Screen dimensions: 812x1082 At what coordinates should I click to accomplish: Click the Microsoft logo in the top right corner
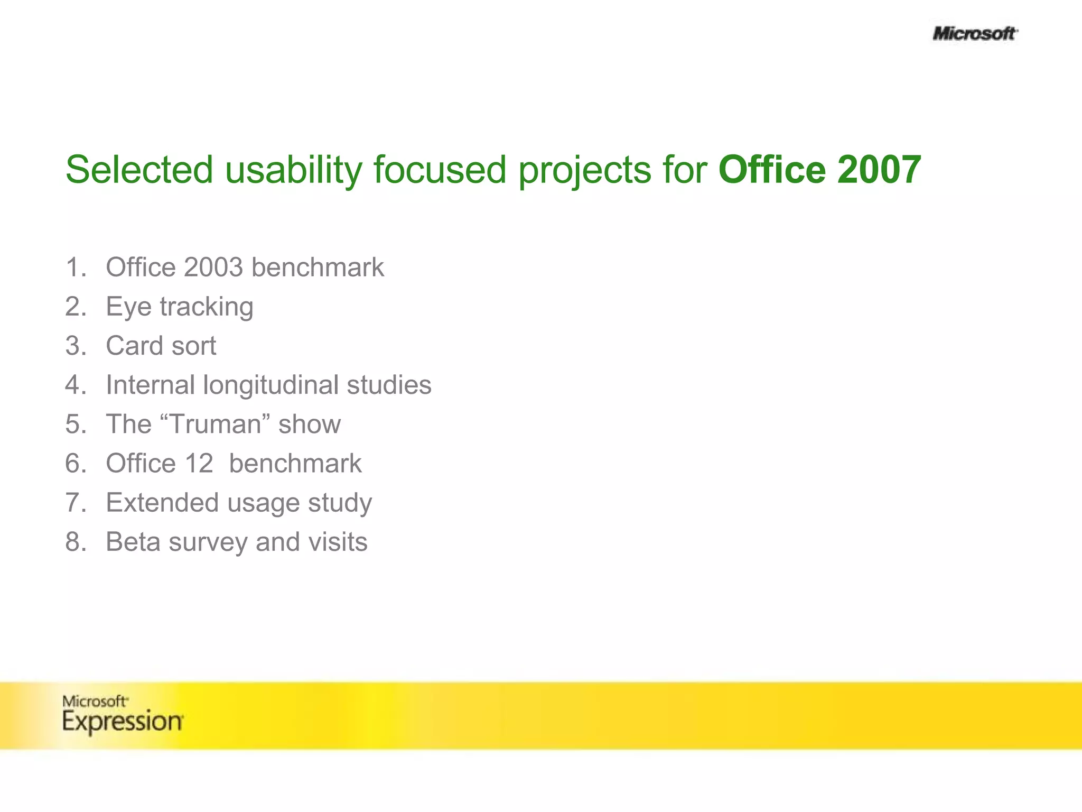[974, 34]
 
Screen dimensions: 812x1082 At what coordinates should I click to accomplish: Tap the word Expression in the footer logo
[123, 722]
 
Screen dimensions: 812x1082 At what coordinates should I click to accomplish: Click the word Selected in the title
[139, 170]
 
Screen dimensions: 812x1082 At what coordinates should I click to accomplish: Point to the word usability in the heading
[294, 170]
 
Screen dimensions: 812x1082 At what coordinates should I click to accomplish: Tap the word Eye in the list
[128, 307]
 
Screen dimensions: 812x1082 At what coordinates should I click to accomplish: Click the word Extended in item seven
[162, 503]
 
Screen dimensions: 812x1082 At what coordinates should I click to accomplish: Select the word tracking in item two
[207, 307]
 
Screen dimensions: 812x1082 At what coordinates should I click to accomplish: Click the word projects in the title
[584, 170]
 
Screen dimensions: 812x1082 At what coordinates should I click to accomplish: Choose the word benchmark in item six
[295, 464]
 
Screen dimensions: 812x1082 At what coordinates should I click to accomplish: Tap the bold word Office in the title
[772, 170]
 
